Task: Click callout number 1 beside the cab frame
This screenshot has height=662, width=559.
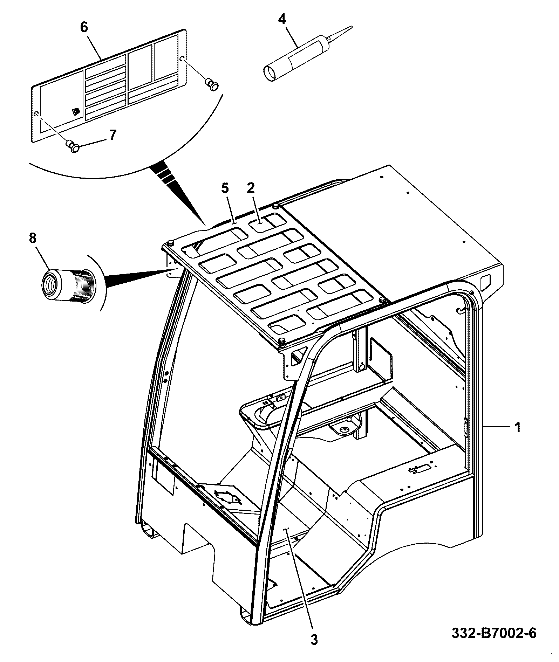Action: [x=517, y=427]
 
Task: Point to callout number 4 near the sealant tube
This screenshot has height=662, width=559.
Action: [x=282, y=19]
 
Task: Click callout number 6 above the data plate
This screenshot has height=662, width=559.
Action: [x=84, y=27]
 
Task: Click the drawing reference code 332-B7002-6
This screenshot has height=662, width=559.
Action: [x=494, y=633]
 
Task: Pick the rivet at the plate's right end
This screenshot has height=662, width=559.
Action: [x=212, y=84]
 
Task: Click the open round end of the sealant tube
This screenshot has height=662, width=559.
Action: [x=271, y=73]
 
